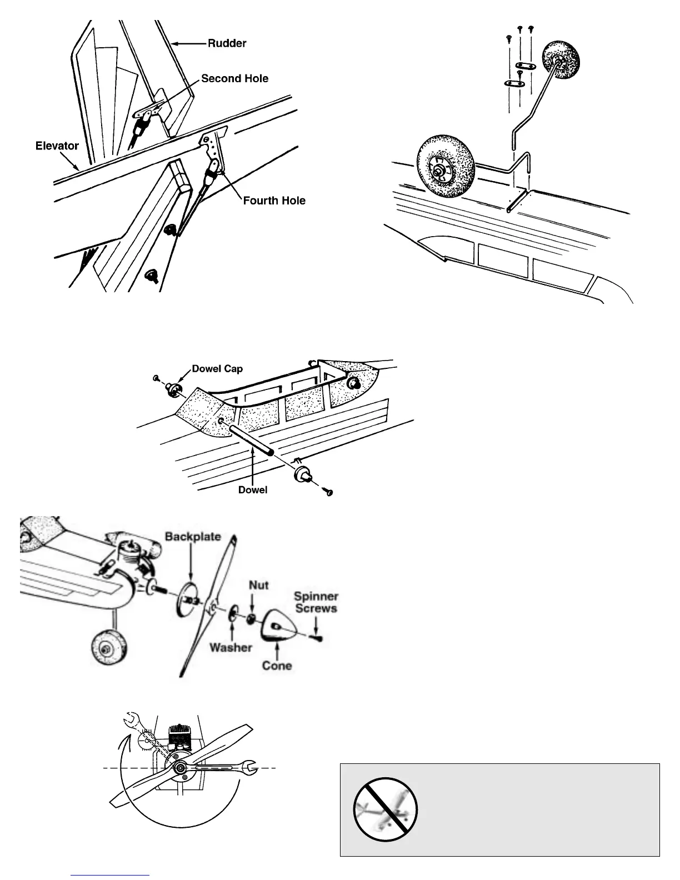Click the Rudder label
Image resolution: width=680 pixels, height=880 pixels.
click(227, 43)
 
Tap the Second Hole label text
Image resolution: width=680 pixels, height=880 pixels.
click(234, 79)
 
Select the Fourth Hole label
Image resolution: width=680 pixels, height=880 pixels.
click(274, 201)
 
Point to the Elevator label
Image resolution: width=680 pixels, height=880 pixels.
click(57, 146)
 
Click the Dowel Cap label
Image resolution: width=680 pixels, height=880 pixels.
click(217, 369)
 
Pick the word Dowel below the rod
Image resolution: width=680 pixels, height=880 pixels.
click(253, 490)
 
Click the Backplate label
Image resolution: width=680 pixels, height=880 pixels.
click(192, 537)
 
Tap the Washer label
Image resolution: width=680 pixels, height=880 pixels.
click(231, 648)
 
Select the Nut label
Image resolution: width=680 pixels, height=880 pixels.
click(258, 585)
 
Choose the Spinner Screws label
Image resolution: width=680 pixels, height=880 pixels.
click(316, 602)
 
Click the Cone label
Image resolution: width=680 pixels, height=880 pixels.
click(277, 665)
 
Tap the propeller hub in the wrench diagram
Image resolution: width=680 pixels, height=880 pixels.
click(180, 767)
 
